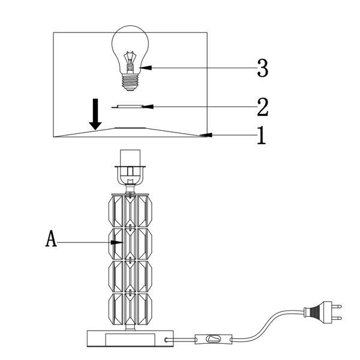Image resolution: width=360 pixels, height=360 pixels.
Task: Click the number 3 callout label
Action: click(x=262, y=69)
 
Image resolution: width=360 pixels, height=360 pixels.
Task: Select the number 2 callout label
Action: click(x=262, y=107)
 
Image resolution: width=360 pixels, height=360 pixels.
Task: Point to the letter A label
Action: click(x=52, y=240)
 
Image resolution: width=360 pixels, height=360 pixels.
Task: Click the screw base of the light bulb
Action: click(x=130, y=81)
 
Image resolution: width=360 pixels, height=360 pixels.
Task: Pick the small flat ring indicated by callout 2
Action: click(x=130, y=106)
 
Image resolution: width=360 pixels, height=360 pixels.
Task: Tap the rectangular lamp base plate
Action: click(x=128, y=340)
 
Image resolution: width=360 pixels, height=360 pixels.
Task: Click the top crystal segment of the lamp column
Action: click(x=130, y=210)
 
